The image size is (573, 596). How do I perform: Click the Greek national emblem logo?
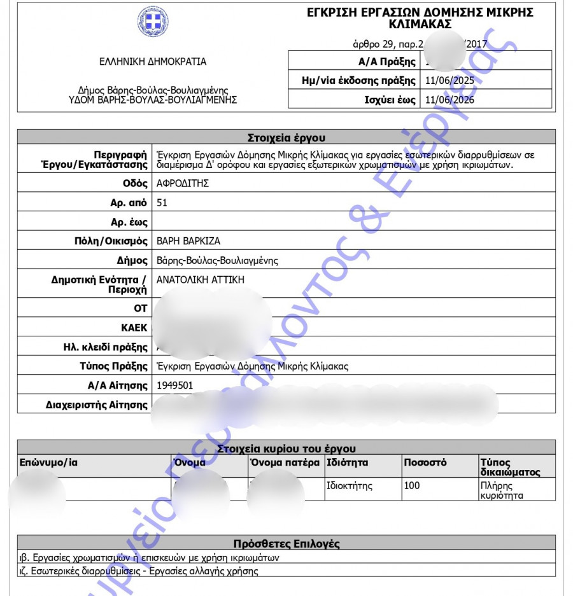tap(153, 22)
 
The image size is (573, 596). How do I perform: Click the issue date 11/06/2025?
tap(449, 81)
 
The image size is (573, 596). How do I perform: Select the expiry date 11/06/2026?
tap(449, 100)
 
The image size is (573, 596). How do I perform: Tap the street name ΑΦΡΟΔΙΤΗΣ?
tap(183, 183)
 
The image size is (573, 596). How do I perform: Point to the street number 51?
tap(162, 202)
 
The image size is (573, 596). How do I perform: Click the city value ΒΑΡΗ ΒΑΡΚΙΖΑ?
tap(188, 241)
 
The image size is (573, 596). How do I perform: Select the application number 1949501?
tap(174, 385)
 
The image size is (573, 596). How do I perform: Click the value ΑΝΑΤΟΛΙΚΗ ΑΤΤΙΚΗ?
tap(200, 280)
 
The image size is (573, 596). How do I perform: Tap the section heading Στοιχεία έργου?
tap(286, 137)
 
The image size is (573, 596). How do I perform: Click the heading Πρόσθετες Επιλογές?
tap(286, 544)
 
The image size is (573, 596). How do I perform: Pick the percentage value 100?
tap(412, 486)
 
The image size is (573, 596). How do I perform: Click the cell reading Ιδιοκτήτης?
tap(350, 486)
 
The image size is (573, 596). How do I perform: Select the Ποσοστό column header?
tap(425, 462)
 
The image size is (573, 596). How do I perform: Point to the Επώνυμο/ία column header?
tap(48, 462)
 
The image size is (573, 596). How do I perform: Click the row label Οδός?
tap(135, 183)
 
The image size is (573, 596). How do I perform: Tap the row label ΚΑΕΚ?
tap(134, 328)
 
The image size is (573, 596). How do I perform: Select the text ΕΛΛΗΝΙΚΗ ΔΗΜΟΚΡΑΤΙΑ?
tap(153, 62)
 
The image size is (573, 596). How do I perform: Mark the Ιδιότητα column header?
tap(348, 462)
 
